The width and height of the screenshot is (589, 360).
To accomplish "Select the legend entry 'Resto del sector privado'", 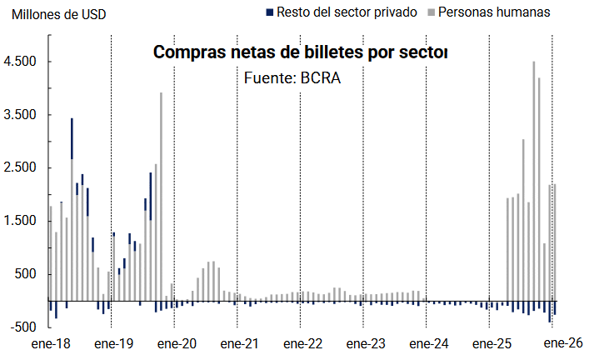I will (347, 12).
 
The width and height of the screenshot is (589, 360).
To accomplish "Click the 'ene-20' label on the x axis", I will (175, 343).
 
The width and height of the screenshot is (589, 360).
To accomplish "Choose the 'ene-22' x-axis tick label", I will (302, 343).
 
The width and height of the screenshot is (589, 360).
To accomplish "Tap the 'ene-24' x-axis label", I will (428, 343).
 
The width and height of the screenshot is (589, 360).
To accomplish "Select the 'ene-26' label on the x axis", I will (555, 343).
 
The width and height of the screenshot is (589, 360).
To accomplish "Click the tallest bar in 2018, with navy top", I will (72, 208).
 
